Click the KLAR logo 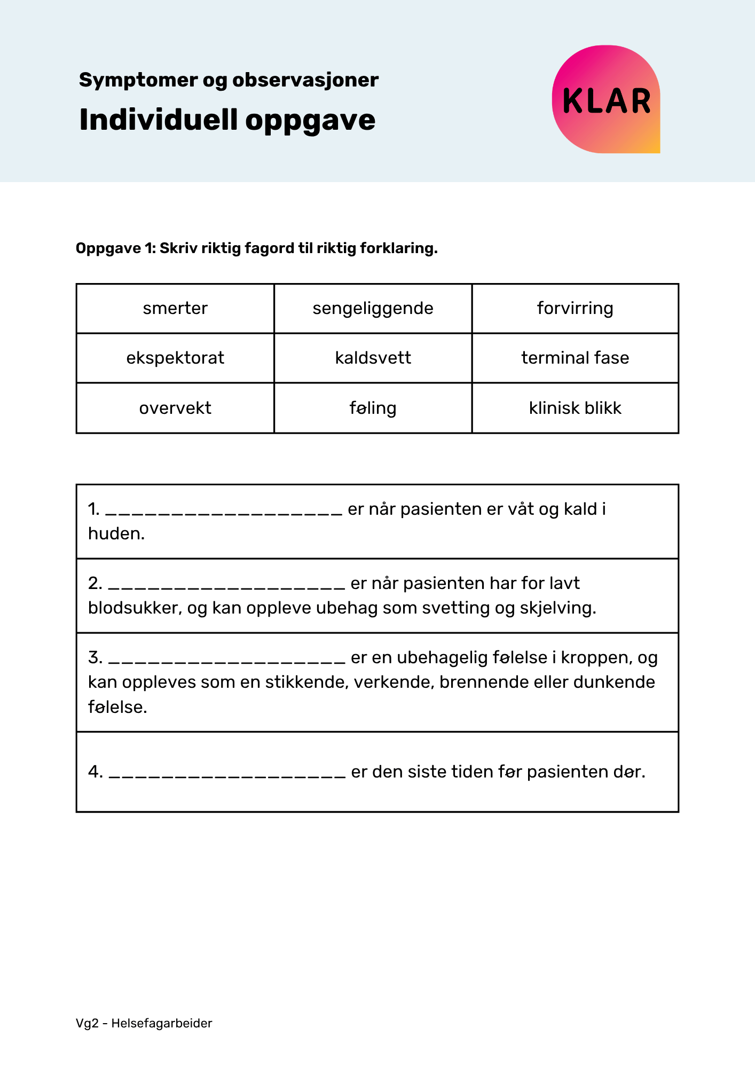click(606, 100)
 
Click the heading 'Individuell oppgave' click(227, 120)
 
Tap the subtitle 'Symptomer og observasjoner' click(229, 80)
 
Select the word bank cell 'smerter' click(175, 309)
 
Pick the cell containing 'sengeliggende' click(373, 309)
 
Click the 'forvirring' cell click(575, 309)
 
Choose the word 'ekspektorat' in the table click(175, 358)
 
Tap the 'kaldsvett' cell click(373, 358)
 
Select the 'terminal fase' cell click(575, 358)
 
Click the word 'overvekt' click(175, 408)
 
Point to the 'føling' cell click(373, 408)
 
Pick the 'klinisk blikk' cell click(575, 408)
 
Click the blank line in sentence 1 click(224, 512)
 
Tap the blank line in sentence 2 click(226, 586)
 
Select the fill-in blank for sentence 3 click(226, 660)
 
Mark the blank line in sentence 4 click(227, 774)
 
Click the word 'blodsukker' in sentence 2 click(133, 608)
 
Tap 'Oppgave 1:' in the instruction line click(115, 248)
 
